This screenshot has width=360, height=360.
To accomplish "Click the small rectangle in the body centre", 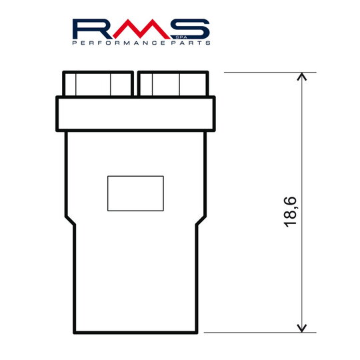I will pyautogui.click(x=135, y=192).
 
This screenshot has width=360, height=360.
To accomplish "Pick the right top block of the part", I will pyautogui.click(x=172, y=84).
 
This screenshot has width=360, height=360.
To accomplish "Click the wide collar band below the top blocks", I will pyautogui.click(x=136, y=113).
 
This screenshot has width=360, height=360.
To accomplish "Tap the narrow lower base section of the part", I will pyautogui.click(x=136, y=280).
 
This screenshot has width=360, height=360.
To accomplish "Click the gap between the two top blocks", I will pyautogui.click(x=135, y=84).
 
